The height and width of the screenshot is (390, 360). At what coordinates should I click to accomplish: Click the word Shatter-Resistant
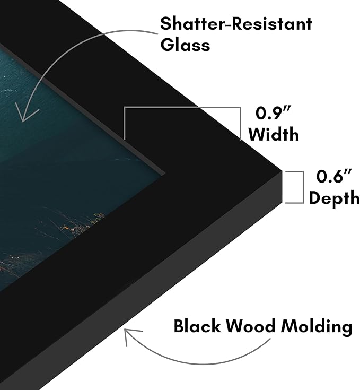click(236, 24)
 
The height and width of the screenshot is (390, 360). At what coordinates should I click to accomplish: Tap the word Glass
click(185, 45)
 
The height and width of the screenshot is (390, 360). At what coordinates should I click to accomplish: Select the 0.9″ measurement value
click(273, 112)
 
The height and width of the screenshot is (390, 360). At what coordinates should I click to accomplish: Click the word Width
click(274, 134)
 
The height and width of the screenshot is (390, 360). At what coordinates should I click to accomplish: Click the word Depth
click(334, 198)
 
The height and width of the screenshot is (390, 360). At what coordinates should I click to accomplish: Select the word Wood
click(251, 326)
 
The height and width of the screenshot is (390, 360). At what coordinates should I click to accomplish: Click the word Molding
click(317, 327)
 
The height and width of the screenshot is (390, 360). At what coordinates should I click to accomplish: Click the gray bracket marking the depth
click(303, 187)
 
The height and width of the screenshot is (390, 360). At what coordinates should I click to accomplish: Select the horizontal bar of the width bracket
click(182, 107)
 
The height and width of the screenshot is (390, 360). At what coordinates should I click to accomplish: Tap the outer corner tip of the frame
click(282, 171)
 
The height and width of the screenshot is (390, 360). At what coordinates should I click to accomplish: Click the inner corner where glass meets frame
click(164, 173)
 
